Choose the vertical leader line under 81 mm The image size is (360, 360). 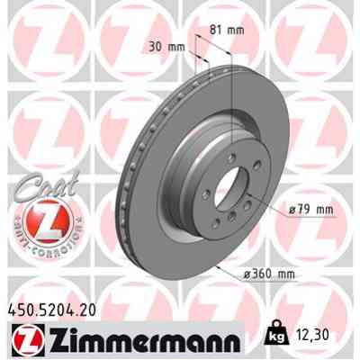[x=232, y=99]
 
